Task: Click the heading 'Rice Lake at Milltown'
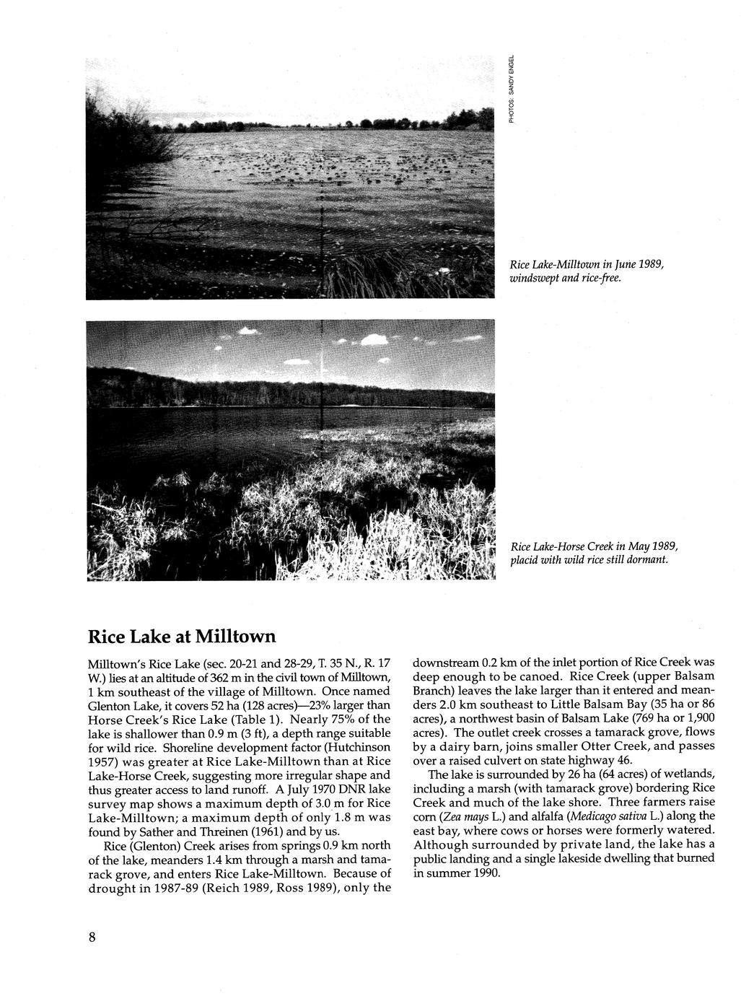181,637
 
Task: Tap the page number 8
92,937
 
